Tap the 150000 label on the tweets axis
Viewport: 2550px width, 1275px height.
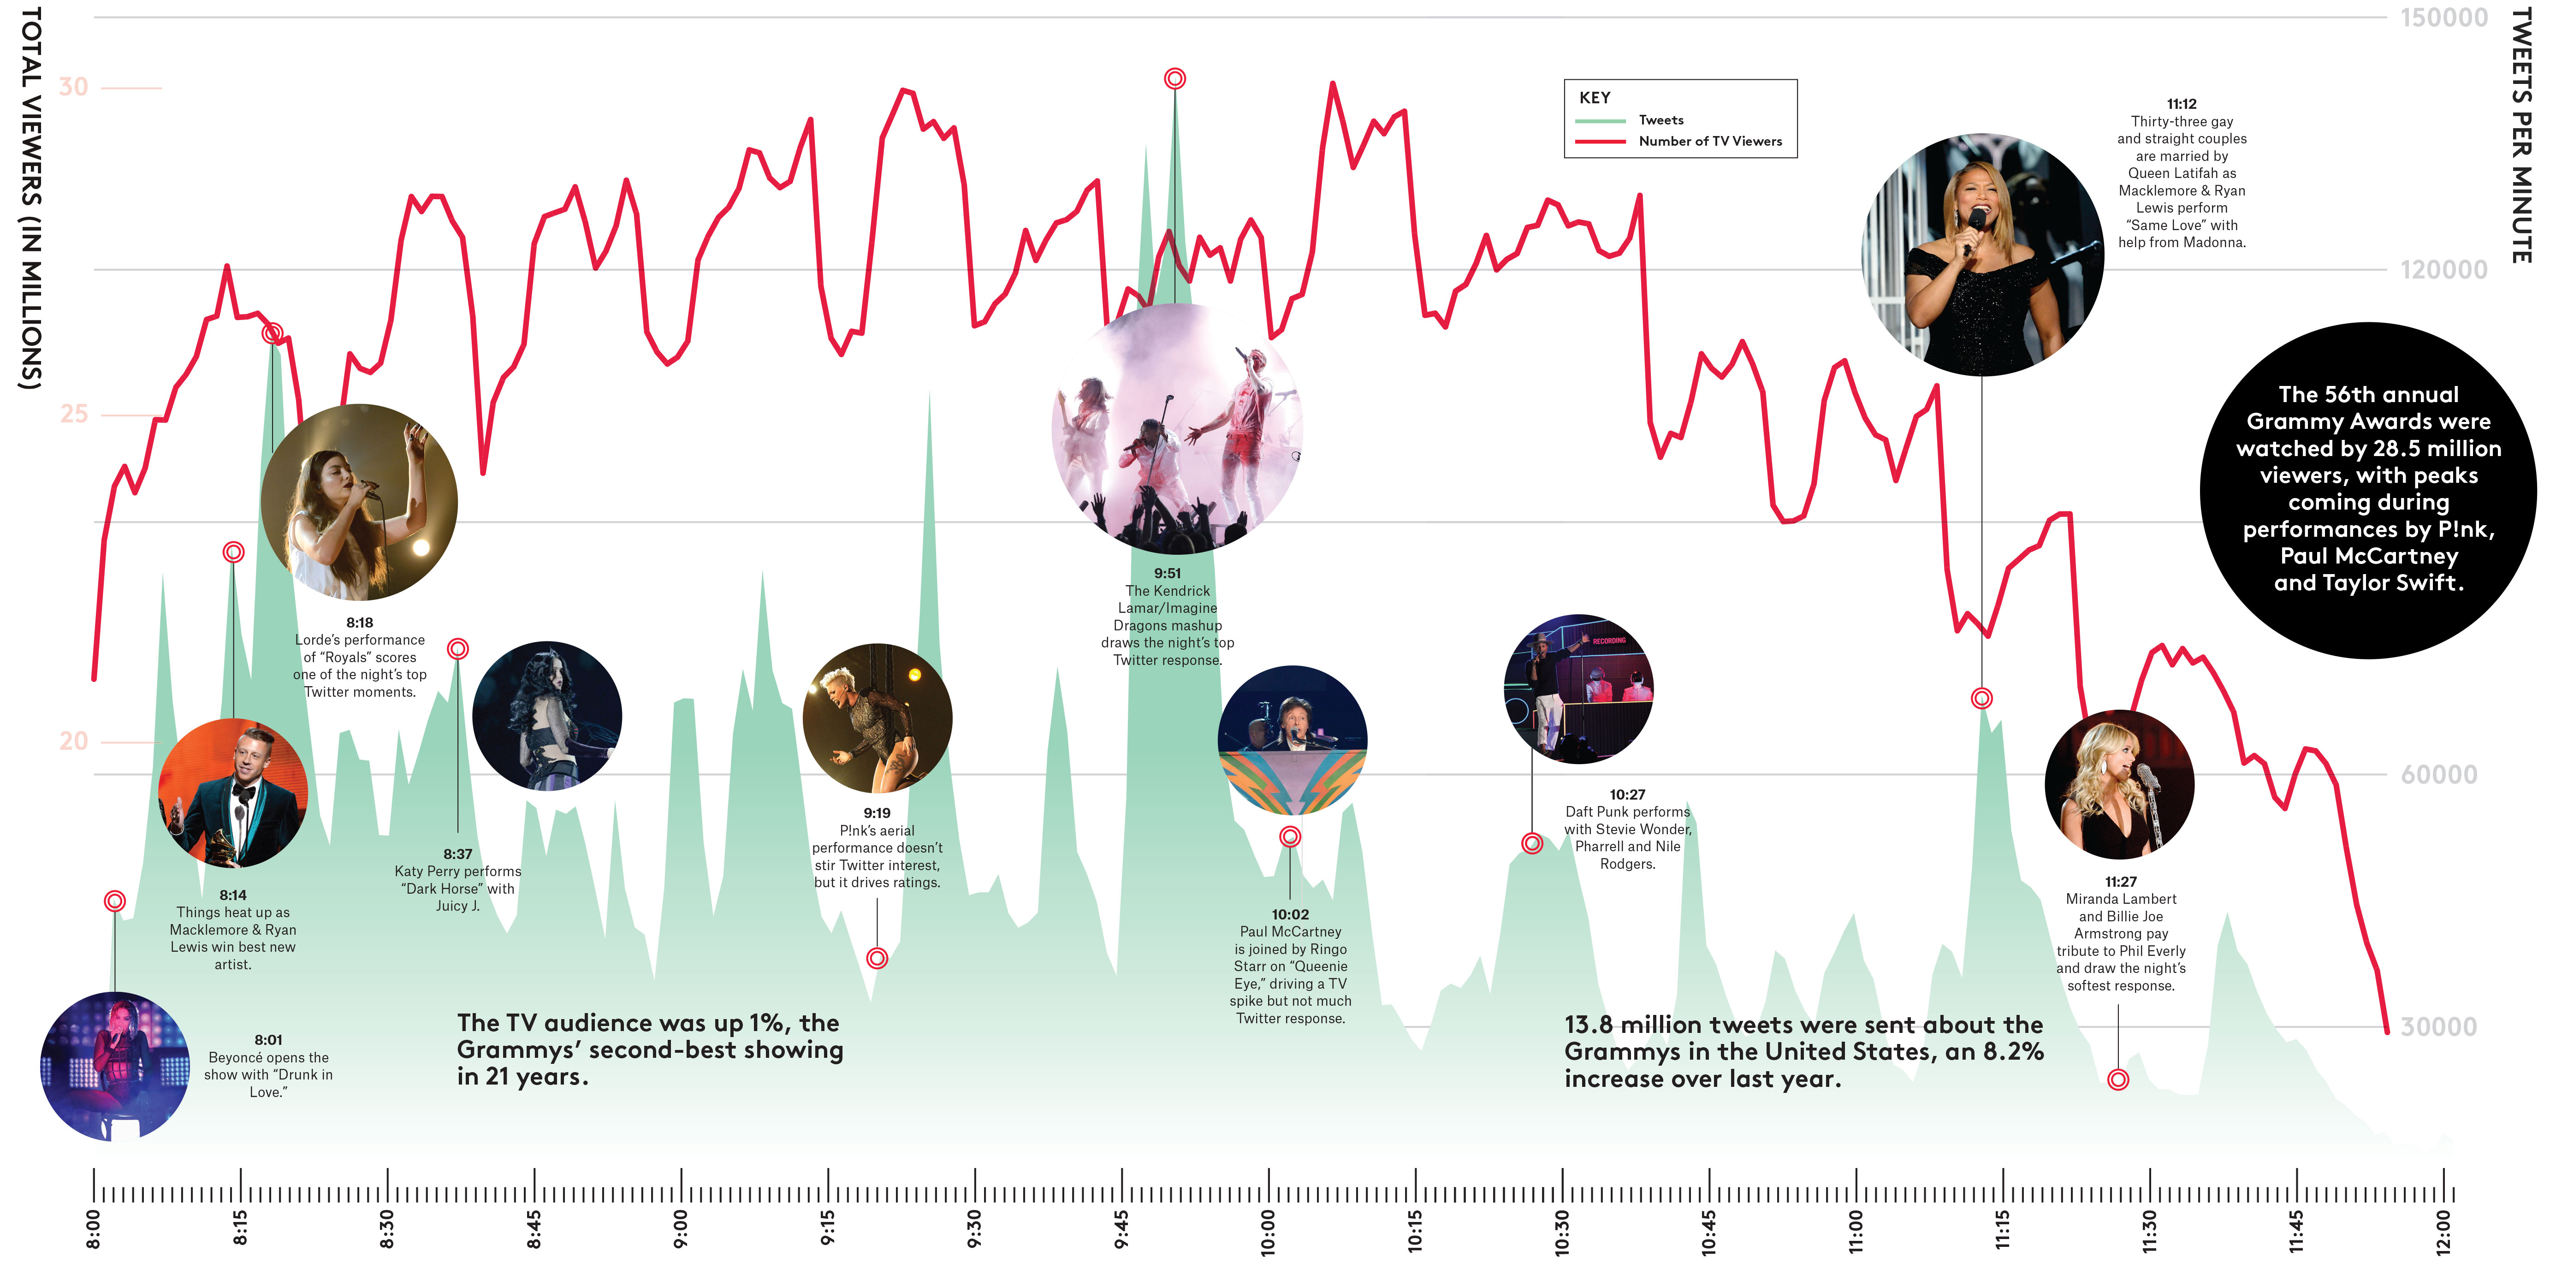(x=2443, y=18)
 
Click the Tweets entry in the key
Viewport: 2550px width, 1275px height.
(x=1660, y=120)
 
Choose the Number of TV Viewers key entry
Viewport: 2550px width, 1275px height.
(x=1709, y=142)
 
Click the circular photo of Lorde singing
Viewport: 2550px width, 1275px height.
(x=359, y=502)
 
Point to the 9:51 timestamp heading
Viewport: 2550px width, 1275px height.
(x=1167, y=573)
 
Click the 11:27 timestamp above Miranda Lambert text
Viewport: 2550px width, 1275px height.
(x=2120, y=881)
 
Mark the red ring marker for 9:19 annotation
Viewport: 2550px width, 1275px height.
(x=877, y=958)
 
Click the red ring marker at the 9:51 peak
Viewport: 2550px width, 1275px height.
(x=1175, y=78)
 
